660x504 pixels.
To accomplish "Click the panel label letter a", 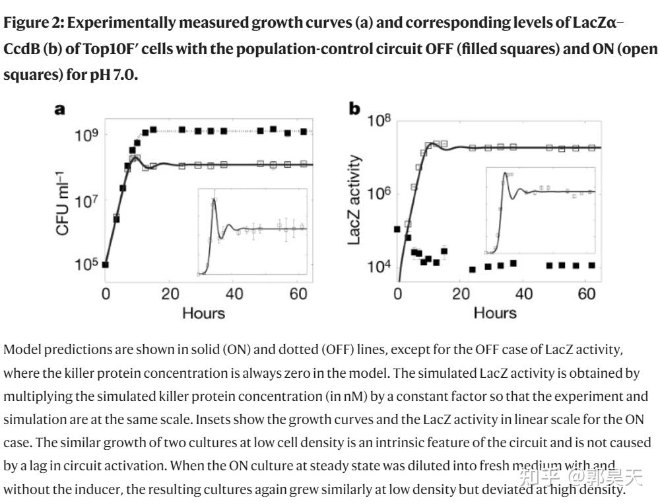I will click(59, 110).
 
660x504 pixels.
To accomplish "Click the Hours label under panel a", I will click(203, 312).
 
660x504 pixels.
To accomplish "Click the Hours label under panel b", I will click(495, 312).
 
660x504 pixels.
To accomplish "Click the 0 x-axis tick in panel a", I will click(106, 294).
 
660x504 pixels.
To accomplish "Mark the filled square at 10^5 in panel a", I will click(105, 265).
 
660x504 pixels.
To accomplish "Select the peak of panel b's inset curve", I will click(506, 173).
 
